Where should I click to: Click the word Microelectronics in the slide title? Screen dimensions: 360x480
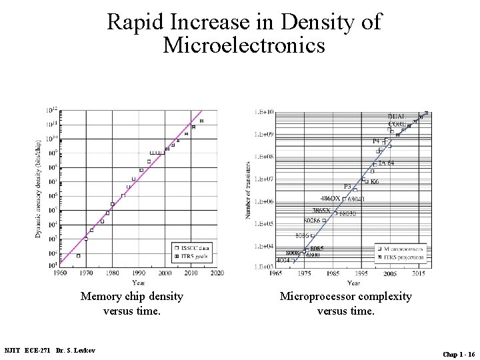click(244, 46)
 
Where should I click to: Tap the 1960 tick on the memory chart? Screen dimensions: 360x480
click(60, 273)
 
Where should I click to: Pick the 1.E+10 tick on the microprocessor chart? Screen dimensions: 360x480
click(264, 112)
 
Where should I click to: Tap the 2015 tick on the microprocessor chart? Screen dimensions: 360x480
click(418, 273)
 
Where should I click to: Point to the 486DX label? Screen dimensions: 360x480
click(330, 199)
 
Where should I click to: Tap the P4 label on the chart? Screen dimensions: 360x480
click(377, 141)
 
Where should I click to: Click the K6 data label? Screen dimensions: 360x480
click(375, 181)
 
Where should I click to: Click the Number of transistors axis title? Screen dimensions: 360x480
click(249, 189)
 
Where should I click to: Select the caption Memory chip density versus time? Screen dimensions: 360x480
click(131, 303)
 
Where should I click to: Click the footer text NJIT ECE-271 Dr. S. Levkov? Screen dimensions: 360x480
click(49, 351)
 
